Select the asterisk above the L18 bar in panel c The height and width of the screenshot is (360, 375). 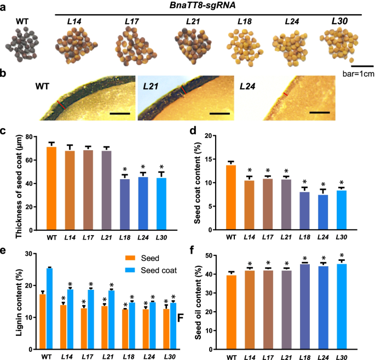coord(125,169)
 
